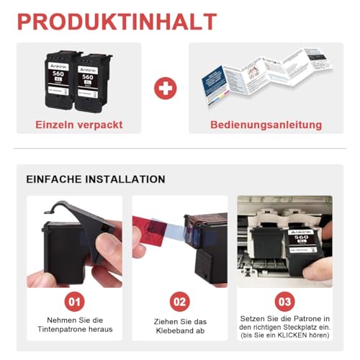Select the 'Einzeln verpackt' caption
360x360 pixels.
pos(79,125)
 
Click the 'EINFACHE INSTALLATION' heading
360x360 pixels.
pos(96,179)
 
